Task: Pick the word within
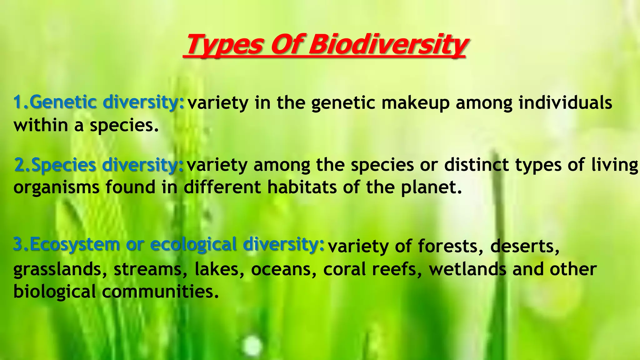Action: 41,125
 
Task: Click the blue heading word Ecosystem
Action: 74,245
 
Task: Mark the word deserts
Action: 524,246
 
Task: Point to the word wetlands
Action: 467,269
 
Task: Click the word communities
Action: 160,292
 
